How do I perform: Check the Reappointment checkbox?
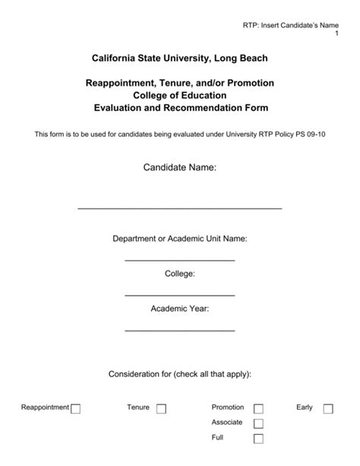(75, 408)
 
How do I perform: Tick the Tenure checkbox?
(161, 408)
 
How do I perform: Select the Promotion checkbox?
(258, 408)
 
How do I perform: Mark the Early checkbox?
(328, 408)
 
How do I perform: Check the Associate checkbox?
(258, 423)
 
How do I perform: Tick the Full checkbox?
(258, 439)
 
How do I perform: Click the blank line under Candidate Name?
(180, 208)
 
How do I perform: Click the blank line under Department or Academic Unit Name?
(180, 260)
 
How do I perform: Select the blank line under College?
(180, 295)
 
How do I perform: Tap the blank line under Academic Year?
(180, 330)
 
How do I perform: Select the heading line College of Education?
(180, 95)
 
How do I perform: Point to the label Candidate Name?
(180, 166)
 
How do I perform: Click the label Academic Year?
(180, 309)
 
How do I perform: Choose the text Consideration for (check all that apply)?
(180, 374)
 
